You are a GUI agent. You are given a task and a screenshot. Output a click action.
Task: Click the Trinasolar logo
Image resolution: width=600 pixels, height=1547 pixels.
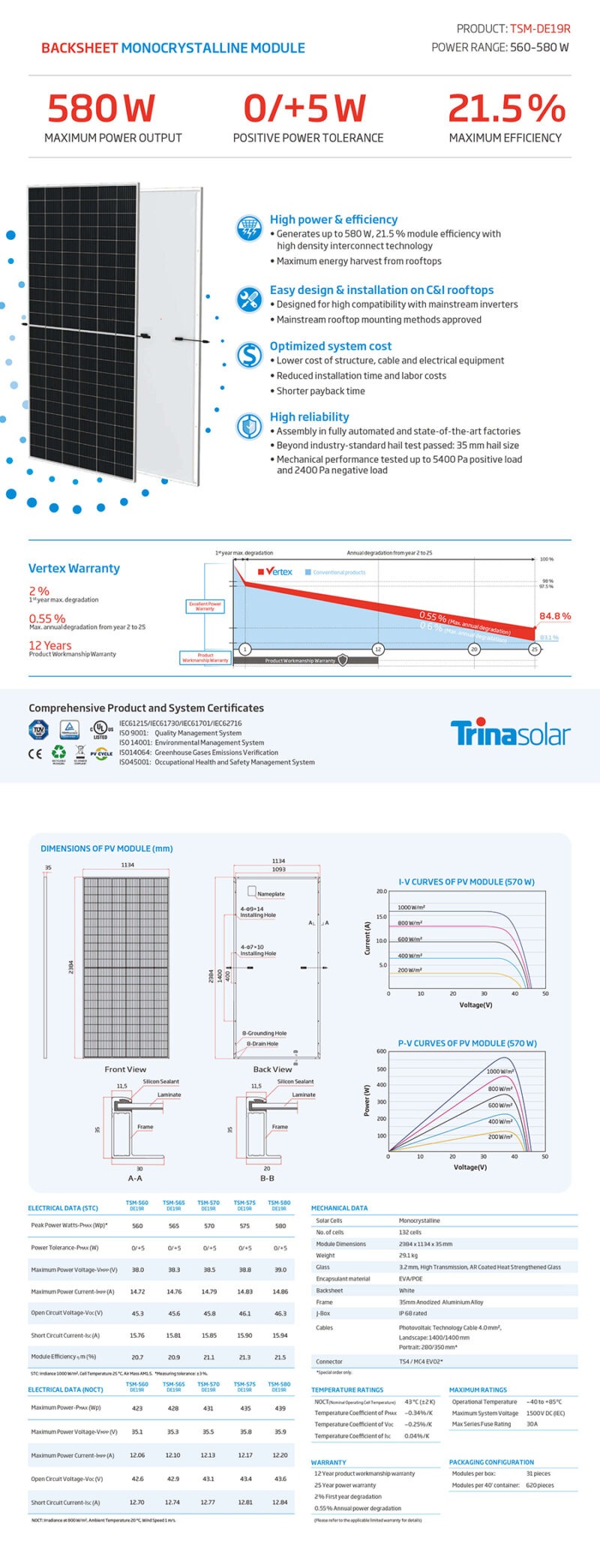[510, 733]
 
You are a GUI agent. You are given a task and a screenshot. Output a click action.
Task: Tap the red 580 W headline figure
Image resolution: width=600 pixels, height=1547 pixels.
[100, 108]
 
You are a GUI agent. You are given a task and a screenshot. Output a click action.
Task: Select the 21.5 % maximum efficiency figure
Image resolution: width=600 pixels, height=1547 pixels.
[506, 108]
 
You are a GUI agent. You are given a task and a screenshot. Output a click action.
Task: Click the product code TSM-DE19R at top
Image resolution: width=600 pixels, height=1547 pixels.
[540, 29]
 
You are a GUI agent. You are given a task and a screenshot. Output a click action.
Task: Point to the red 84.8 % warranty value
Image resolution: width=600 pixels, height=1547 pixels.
[555, 616]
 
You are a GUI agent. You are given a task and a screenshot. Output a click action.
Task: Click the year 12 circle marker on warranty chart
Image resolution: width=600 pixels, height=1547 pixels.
[378, 649]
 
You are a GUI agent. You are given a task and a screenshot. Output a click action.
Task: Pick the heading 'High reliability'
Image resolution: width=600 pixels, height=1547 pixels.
[309, 417]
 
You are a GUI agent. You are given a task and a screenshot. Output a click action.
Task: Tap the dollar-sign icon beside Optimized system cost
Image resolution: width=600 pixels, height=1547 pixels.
[249, 354]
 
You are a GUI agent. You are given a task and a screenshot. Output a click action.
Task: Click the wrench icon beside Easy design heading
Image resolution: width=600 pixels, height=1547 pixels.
[249, 299]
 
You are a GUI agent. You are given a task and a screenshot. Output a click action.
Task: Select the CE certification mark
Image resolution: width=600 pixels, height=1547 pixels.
[35, 754]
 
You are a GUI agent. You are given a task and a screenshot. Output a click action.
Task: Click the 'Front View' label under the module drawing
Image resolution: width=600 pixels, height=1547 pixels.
[125, 1069]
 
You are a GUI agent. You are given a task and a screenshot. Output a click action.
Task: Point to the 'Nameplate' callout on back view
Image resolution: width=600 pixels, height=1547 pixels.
[271, 894]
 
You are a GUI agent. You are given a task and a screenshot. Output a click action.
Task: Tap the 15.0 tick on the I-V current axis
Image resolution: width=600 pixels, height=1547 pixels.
[381, 917]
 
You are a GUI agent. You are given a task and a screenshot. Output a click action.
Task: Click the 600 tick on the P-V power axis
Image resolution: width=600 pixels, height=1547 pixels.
[381, 1051]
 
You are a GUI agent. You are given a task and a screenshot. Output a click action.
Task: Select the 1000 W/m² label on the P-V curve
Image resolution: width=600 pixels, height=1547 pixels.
[500, 1071]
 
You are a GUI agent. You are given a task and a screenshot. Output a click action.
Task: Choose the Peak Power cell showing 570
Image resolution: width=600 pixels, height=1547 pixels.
[209, 1226]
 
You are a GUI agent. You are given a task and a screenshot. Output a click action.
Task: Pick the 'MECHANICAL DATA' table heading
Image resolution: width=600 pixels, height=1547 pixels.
[340, 1208]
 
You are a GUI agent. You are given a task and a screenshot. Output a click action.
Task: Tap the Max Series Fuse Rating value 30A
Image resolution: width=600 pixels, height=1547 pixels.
[532, 1424]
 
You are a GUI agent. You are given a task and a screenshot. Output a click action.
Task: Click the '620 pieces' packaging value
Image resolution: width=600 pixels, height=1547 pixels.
[540, 1485]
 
